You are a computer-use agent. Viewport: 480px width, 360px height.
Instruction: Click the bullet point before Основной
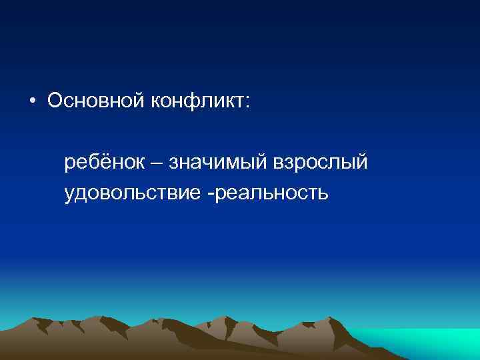(32, 102)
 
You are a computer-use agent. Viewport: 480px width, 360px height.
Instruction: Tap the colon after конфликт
(248, 102)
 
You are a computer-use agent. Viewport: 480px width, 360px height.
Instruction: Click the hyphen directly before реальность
(211, 195)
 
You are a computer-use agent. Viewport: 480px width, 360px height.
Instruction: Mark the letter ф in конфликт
(189, 101)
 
